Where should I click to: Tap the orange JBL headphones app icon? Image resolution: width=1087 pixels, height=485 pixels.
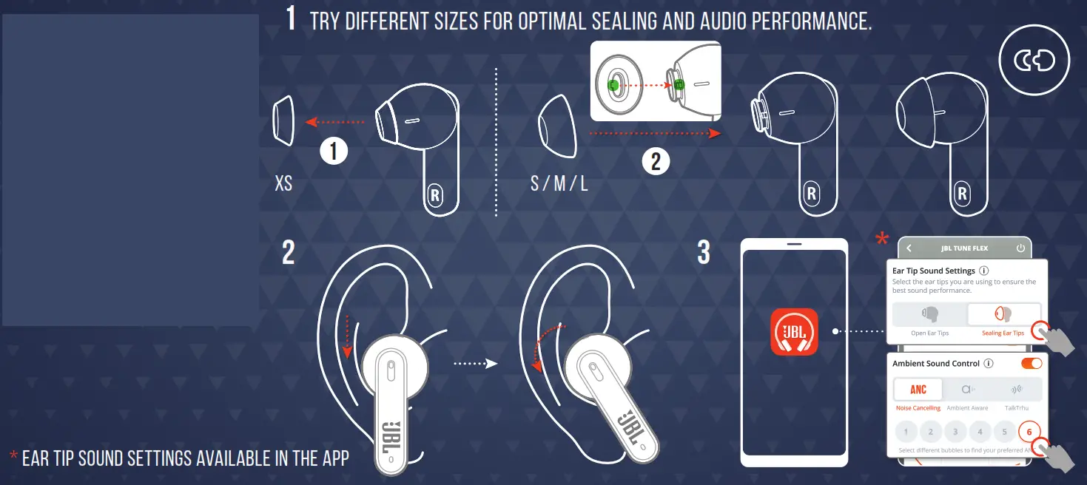(794, 332)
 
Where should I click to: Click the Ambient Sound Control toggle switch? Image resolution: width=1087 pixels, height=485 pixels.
(1031, 363)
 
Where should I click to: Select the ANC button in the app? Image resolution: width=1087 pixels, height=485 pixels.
(918, 390)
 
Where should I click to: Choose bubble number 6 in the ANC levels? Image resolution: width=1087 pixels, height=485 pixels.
(1029, 432)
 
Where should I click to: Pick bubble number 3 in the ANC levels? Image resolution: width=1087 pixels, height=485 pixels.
(955, 432)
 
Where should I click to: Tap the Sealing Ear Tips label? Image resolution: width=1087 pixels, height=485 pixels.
(1003, 333)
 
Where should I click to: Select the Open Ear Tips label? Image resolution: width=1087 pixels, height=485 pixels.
(929, 333)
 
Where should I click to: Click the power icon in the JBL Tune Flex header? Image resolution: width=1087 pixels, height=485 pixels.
(1020, 248)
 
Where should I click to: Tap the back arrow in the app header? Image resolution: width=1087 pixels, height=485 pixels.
(909, 248)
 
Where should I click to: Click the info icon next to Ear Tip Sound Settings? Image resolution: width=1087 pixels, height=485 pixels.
(984, 271)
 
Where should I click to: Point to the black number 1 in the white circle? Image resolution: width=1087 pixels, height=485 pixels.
(334, 152)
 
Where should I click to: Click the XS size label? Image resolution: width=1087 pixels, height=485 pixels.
(283, 183)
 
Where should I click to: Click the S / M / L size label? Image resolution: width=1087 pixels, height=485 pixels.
(559, 183)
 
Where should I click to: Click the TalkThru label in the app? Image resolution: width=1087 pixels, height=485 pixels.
(1017, 408)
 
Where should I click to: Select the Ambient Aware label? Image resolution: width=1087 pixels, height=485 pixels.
(967, 408)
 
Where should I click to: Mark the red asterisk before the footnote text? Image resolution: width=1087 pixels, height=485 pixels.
(13, 457)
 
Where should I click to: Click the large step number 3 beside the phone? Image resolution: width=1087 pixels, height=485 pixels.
(704, 252)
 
